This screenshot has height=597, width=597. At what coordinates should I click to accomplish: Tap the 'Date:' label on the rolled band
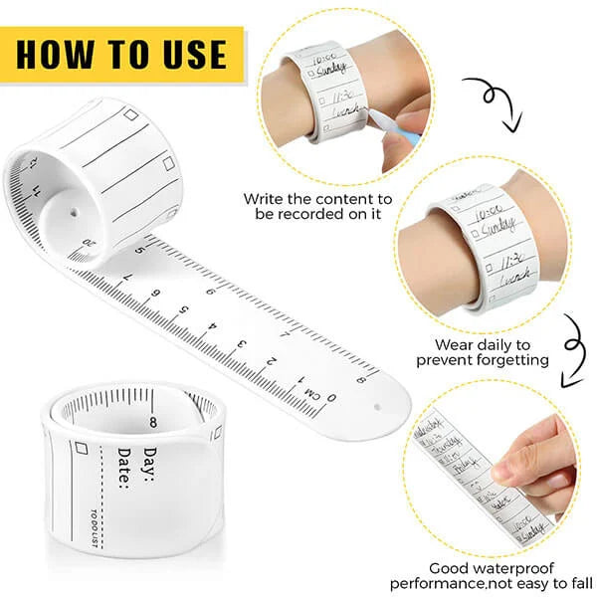(124, 468)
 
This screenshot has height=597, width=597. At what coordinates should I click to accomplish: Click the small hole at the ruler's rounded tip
(379, 407)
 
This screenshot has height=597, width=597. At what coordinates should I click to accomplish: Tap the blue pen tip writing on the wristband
(377, 122)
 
